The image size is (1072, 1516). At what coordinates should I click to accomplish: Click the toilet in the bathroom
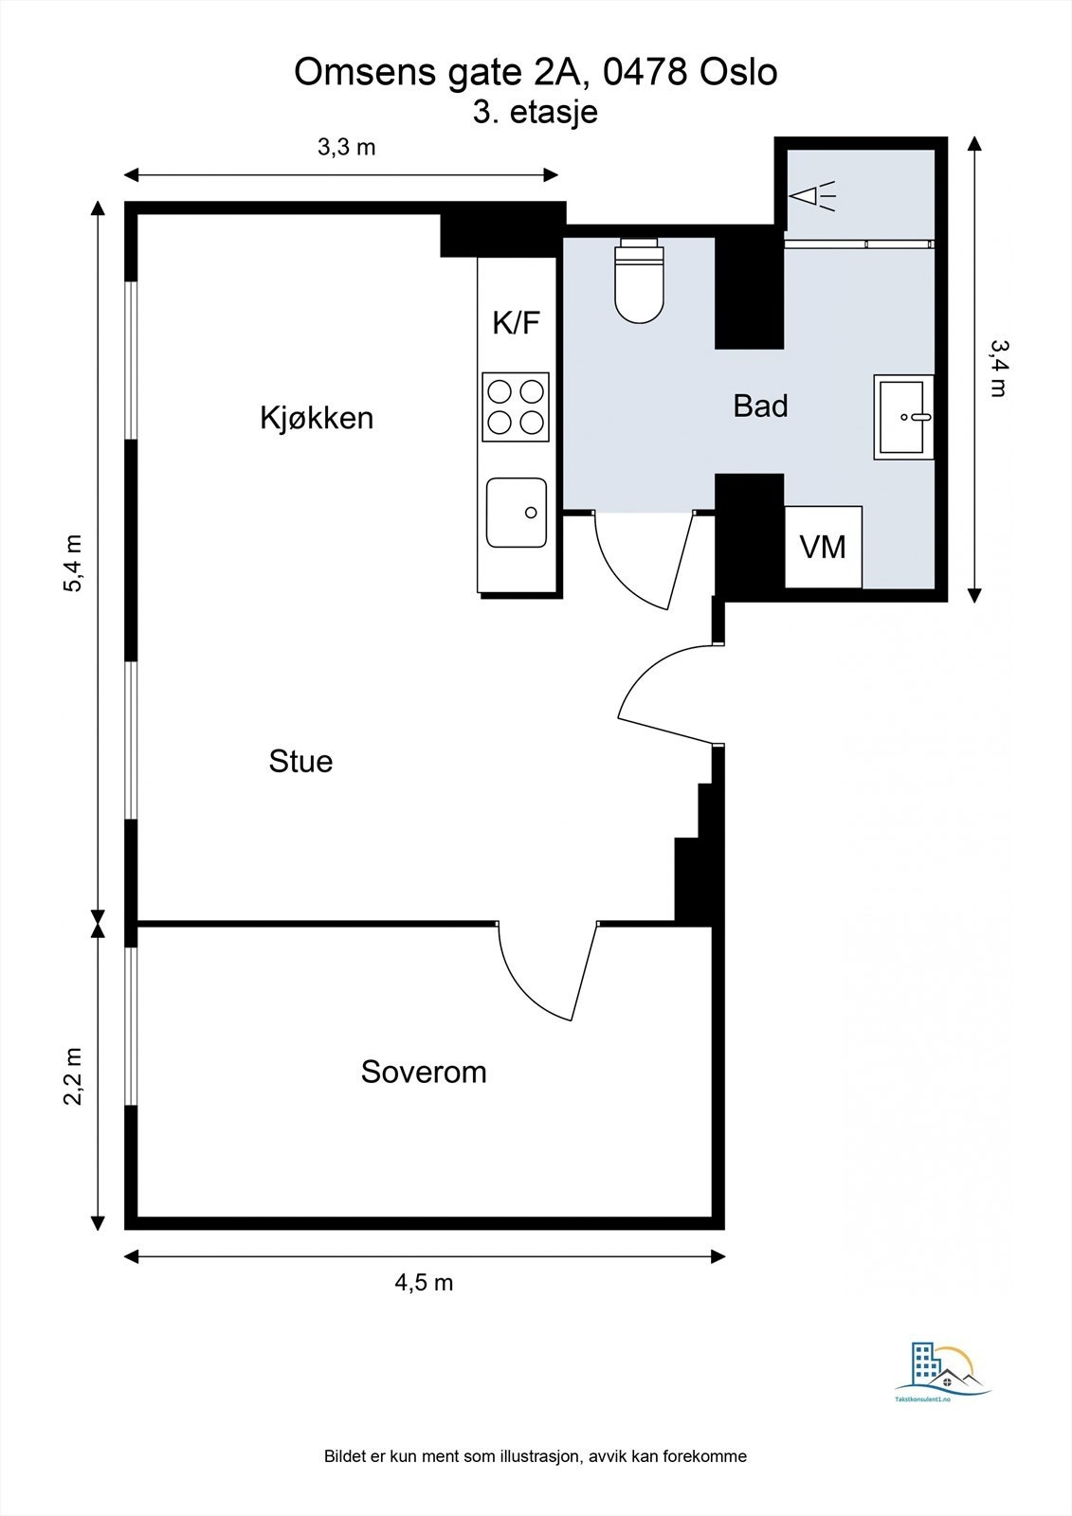click(x=639, y=284)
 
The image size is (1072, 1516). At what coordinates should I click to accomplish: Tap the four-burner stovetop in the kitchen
click(x=516, y=406)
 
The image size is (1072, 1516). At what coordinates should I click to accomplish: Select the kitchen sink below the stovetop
click(x=517, y=513)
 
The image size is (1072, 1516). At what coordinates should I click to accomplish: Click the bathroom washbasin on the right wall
click(x=904, y=416)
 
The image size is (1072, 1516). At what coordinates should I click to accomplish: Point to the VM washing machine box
click(x=823, y=547)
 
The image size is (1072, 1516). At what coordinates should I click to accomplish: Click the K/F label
click(x=516, y=322)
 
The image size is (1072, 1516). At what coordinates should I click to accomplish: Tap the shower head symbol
click(x=813, y=196)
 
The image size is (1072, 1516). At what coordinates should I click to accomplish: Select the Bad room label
click(x=760, y=406)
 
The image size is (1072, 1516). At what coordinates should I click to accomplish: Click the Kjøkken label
click(x=317, y=418)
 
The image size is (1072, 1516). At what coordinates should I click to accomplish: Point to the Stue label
click(x=300, y=761)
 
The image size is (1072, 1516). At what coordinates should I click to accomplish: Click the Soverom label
click(x=424, y=1072)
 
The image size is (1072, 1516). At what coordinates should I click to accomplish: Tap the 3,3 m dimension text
click(x=346, y=147)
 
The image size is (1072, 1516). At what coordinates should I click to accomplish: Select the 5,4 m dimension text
click(x=73, y=564)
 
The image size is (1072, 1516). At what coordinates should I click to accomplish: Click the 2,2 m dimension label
click(x=73, y=1075)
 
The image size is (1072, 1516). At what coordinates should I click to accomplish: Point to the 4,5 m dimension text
click(x=424, y=1282)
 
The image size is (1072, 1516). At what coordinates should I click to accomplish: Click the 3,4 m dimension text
click(x=997, y=368)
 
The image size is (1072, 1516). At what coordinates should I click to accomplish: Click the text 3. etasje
click(x=536, y=112)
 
